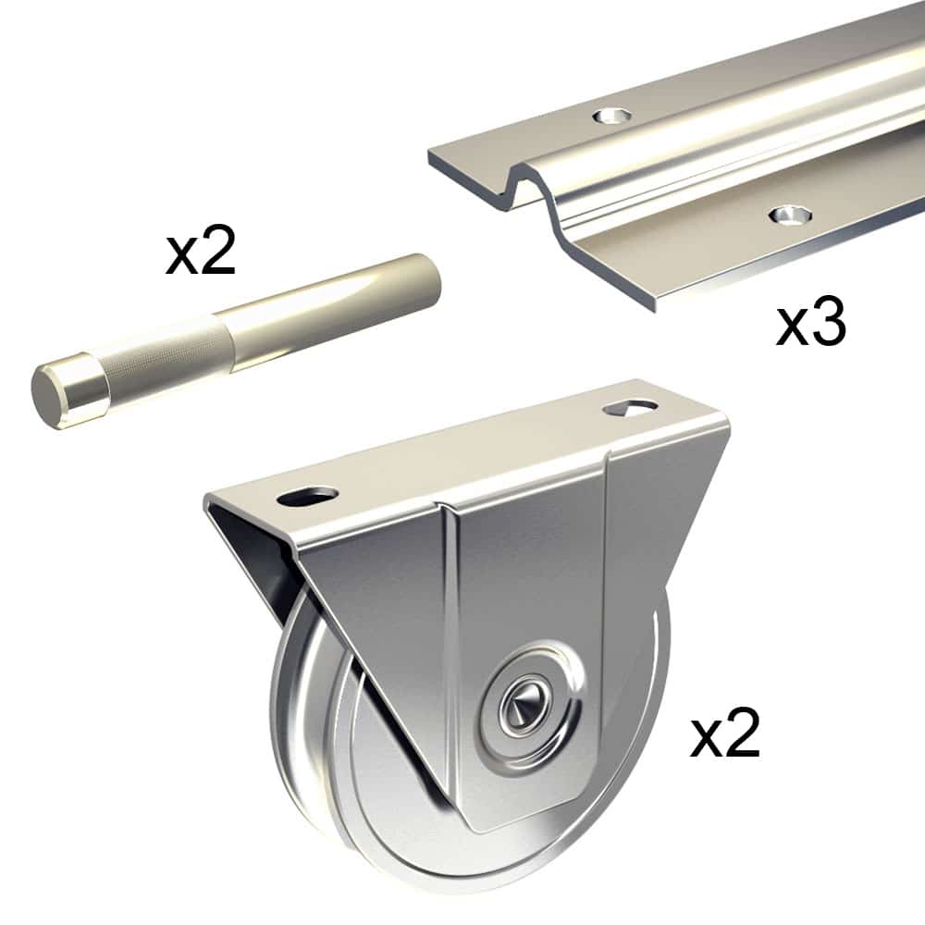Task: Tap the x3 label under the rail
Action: [x=810, y=324]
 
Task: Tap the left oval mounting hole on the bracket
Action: [x=306, y=498]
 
